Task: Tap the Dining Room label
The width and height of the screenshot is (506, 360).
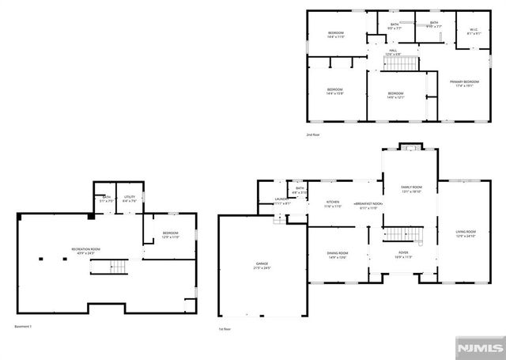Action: point(338,255)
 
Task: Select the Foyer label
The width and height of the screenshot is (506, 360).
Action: point(403,255)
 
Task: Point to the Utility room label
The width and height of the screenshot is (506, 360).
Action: point(130,199)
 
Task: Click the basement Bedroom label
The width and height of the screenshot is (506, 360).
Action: point(171,234)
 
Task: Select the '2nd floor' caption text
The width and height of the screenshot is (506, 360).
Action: point(314,135)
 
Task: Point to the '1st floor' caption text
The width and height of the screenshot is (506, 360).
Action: point(225,328)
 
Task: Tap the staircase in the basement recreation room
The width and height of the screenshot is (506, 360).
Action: point(116,266)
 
